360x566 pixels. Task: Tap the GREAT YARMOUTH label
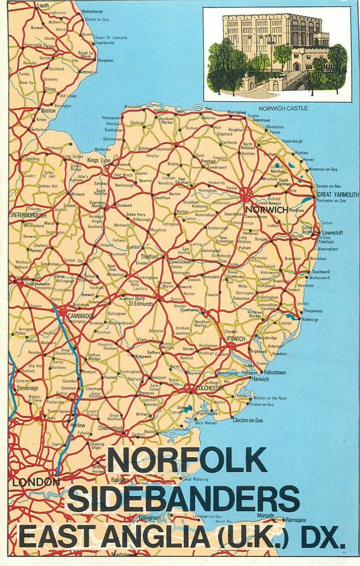point(338,195)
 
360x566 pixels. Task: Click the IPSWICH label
point(235,339)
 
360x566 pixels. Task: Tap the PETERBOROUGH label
point(29,215)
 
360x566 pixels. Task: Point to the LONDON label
point(35,481)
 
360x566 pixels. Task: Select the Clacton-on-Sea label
point(248,421)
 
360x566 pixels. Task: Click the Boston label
point(48,110)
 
